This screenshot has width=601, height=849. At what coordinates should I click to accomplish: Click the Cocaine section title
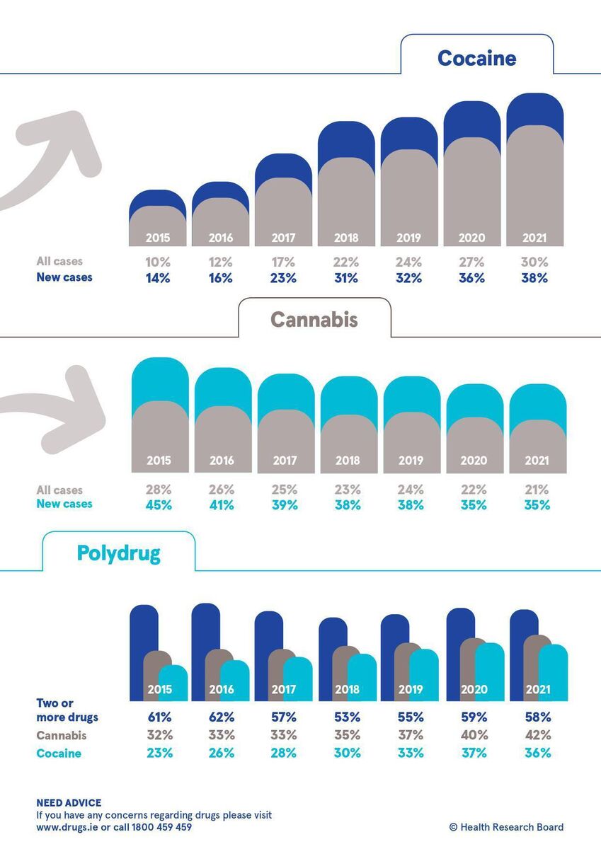(x=476, y=58)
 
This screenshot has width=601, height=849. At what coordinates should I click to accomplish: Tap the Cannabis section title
(x=314, y=319)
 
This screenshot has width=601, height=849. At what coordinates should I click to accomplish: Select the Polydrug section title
(x=119, y=553)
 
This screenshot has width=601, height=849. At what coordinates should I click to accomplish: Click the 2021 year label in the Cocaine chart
(x=536, y=238)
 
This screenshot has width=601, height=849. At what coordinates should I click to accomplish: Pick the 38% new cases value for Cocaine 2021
(x=536, y=278)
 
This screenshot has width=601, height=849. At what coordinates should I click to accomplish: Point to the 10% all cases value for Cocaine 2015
(x=158, y=262)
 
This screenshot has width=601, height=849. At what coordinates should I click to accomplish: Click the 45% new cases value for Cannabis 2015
(x=159, y=505)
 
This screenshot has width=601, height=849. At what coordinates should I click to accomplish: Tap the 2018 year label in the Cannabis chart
(x=348, y=461)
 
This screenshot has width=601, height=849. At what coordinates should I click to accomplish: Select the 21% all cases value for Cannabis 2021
(x=537, y=490)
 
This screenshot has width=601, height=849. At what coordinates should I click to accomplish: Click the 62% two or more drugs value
(x=222, y=717)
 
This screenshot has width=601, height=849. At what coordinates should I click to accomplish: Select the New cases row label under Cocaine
(x=64, y=277)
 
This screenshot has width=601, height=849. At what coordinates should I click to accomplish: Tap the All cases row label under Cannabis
(x=59, y=490)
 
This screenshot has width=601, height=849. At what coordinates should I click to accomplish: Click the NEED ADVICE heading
(x=69, y=803)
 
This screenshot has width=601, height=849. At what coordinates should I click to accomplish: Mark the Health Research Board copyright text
(x=506, y=827)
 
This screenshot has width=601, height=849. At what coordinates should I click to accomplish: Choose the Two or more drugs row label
(x=67, y=710)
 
